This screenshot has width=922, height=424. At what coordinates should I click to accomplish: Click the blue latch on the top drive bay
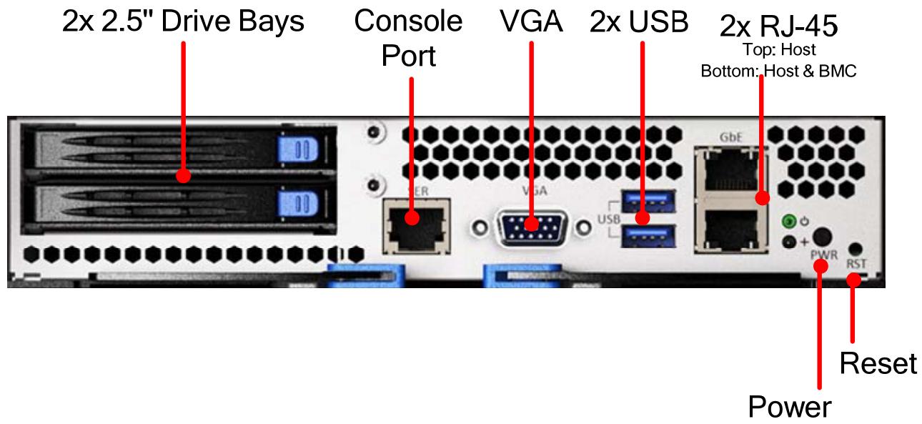pos(298,149)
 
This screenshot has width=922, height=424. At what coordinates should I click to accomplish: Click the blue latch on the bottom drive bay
pos(298,203)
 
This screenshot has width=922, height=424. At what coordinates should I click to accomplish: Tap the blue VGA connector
pos(531,227)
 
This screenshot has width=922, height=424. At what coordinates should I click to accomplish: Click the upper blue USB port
pos(648,202)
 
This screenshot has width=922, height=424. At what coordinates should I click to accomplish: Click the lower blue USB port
pos(648,236)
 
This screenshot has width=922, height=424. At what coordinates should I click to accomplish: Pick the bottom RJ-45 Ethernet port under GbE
pos(731,229)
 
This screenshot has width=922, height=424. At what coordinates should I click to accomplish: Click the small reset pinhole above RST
pos(856,249)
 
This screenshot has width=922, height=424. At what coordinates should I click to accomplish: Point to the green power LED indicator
pos(788,222)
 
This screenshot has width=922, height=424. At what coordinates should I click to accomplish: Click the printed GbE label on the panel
pos(731,137)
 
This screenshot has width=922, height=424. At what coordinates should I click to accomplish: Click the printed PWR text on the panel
pos(824,255)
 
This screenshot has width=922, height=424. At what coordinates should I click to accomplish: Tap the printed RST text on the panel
pos(856,263)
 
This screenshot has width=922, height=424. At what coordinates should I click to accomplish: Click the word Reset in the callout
pos(878,363)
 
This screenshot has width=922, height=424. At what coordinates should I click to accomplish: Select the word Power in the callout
pos(790,407)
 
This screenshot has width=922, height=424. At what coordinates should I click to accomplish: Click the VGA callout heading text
pos(531,21)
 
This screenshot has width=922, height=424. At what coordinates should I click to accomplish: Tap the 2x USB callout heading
pos(639,21)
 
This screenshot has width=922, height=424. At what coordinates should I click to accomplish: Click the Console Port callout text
pos(408,38)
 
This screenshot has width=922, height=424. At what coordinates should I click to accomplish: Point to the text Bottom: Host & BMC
pos(778,71)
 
